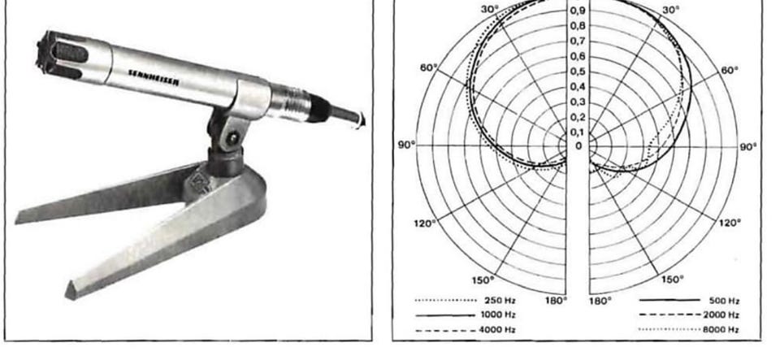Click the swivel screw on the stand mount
[x=232, y=137]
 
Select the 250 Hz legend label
[x=500, y=301]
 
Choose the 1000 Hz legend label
[x=498, y=314]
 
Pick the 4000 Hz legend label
[x=497, y=329]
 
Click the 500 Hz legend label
[x=724, y=301]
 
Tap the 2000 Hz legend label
[x=721, y=314]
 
